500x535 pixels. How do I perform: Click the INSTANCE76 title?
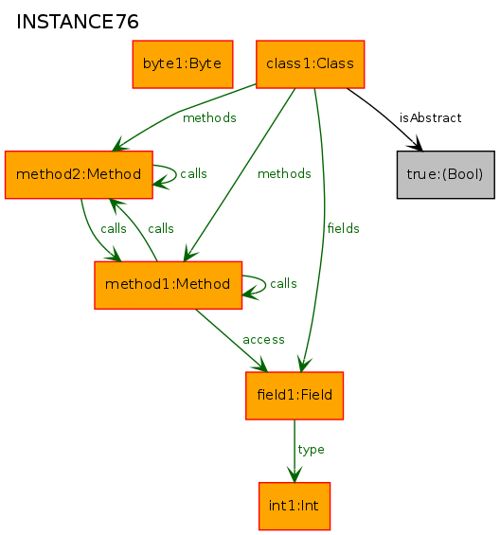point(78,22)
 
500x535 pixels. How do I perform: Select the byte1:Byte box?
point(183,64)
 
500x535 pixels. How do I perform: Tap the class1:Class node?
point(311,64)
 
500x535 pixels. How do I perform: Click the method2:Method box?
point(79,174)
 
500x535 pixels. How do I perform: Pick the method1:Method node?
point(169,285)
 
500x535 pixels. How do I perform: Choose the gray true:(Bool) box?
point(446,174)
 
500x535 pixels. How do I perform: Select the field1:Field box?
point(295,396)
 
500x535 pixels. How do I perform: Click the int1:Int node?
point(295,506)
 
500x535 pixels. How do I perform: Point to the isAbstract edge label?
point(430,118)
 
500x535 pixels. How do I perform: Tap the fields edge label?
point(344,228)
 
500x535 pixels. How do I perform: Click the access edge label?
point(263,340)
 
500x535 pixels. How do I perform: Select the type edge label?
point(311,450)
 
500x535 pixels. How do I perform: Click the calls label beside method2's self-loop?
point(193,173)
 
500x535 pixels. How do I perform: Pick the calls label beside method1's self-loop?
point(283,283)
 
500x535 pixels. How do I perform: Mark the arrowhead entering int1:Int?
point(295,475)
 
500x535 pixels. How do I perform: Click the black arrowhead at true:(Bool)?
point(416,144)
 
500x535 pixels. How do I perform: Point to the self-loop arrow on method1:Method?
point(265,284)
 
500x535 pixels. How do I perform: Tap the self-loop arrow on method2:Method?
point(176,174)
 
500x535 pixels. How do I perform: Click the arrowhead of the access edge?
point(260,365)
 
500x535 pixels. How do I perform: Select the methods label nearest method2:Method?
point(209,118)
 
